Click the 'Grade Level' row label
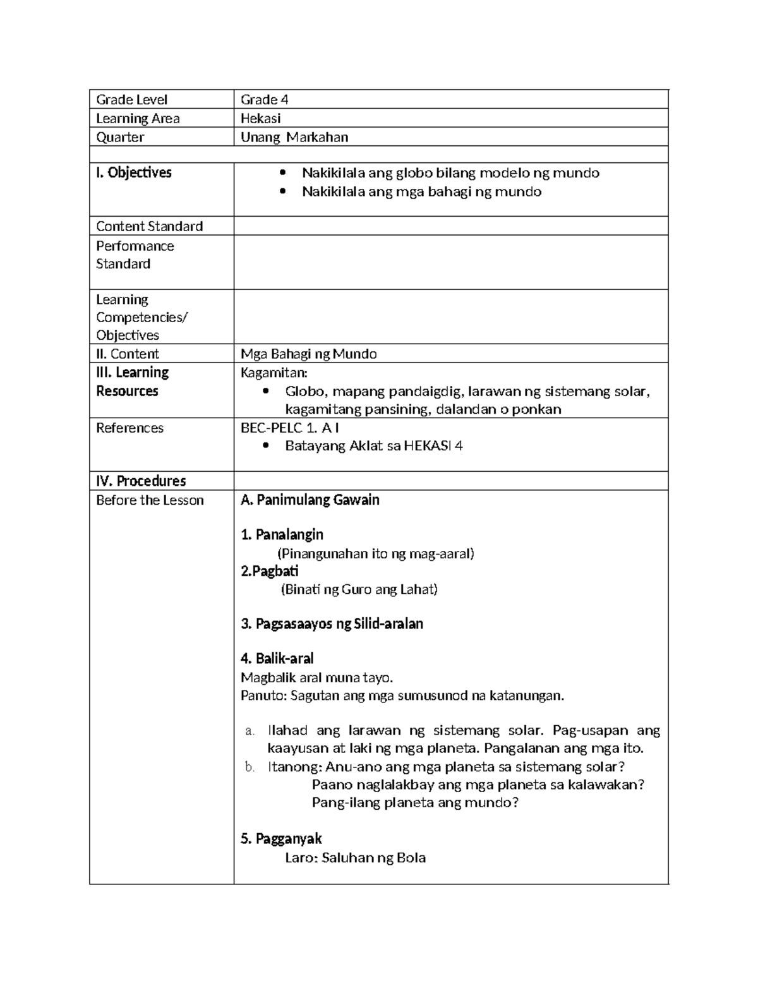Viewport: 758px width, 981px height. pyautogui.click(x=131, y=100)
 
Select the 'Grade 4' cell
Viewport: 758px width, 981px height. pyautogui.click(x=264, y=100)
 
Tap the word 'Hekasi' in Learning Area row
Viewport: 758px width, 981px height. pyautogui.click(x=260, y=119)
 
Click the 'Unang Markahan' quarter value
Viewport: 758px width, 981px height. pyautogui.click(x=294, y=138)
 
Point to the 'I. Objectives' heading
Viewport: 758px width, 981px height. pyautogui.click(x=133, y=173)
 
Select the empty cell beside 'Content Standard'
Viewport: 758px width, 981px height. pyautogui.click(x=450, y=226)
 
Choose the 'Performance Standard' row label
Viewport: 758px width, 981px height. pyautogui.click(x=135, y=255)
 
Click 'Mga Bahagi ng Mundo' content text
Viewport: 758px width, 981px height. pyautogui.click(x=308, y=354)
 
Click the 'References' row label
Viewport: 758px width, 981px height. pyautogui.click(x=129, y=428)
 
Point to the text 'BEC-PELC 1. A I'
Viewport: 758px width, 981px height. pyautogui.click(x=290, y=428)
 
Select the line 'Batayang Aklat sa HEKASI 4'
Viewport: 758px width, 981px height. pyautogui.click(x=373, y=446)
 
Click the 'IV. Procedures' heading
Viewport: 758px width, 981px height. pyautogui.click(x=140, y=481)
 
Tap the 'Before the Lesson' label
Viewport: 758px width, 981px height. pyautogui.click(x=150, y=500)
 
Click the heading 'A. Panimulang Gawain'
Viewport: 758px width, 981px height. pyautogui.click(x=310, y=500)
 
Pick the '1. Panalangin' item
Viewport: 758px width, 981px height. pyautogui.click(x=282, y=535)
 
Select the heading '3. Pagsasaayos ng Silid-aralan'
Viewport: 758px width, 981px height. pyautogui.click(x=332, y=624)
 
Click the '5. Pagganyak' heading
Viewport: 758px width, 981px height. pyautogui.click(x=281, y=839)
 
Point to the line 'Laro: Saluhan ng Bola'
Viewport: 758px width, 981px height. pyautogui.click(x=355, y=858)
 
